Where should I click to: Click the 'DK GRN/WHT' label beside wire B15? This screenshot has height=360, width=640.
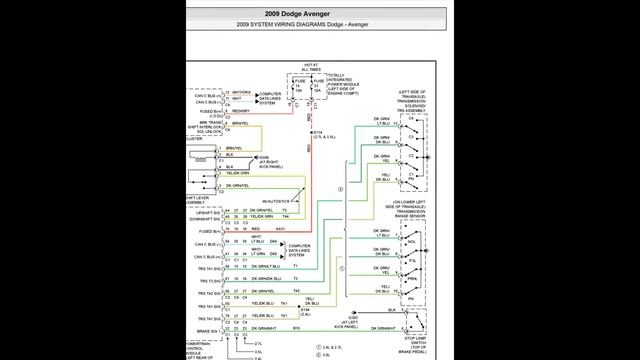pos(263,328)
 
